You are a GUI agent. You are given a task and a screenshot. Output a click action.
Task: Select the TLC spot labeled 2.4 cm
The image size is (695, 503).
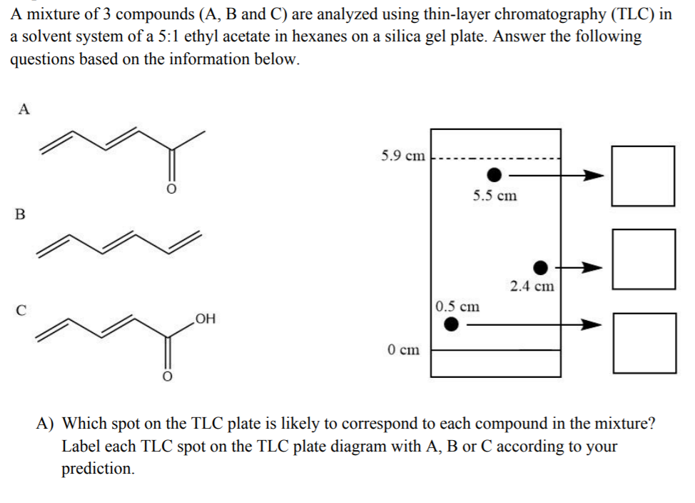tap(542, 267)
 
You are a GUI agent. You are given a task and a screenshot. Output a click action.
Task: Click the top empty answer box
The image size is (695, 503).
tap(644, 176)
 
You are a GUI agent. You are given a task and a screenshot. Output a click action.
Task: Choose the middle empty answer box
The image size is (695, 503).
tap(644, 259)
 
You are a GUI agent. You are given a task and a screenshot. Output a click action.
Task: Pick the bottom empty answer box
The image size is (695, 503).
tap(644, 343)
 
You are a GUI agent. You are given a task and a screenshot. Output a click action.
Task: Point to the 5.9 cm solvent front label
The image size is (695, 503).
tap(402, 156)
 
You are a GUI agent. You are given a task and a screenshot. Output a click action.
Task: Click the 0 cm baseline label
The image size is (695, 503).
tap(404, 350)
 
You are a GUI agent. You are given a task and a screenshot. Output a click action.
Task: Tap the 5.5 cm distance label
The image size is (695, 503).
tap(495, 196)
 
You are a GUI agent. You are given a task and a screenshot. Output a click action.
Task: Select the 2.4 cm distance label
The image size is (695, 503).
tap(532, 287)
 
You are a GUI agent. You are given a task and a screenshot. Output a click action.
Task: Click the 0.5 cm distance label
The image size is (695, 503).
tap(457, 307)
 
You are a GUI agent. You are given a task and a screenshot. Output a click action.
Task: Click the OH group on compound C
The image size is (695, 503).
tap(205, 318)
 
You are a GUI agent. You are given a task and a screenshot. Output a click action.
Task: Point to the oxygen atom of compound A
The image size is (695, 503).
tap(171, 189)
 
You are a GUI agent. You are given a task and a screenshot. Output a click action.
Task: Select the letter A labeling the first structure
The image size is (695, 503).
tap(24, 109)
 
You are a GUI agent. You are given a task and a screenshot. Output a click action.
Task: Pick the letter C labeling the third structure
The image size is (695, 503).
tap(21, 310)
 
